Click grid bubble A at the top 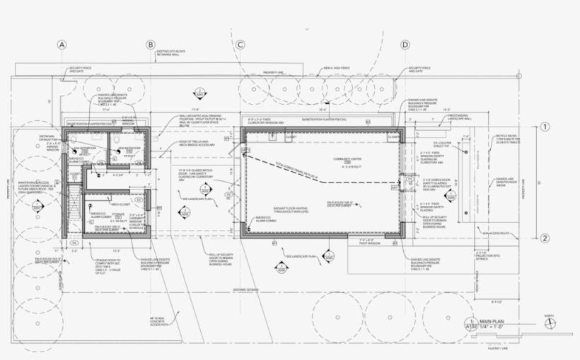point(62,45)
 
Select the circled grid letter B point(150,45)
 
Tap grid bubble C point(240,45)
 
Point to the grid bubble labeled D point(405,45)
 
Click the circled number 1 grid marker point(545,128)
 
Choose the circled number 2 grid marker point(545,238)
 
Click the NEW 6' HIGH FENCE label point(338,69)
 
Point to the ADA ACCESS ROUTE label point(496,232)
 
